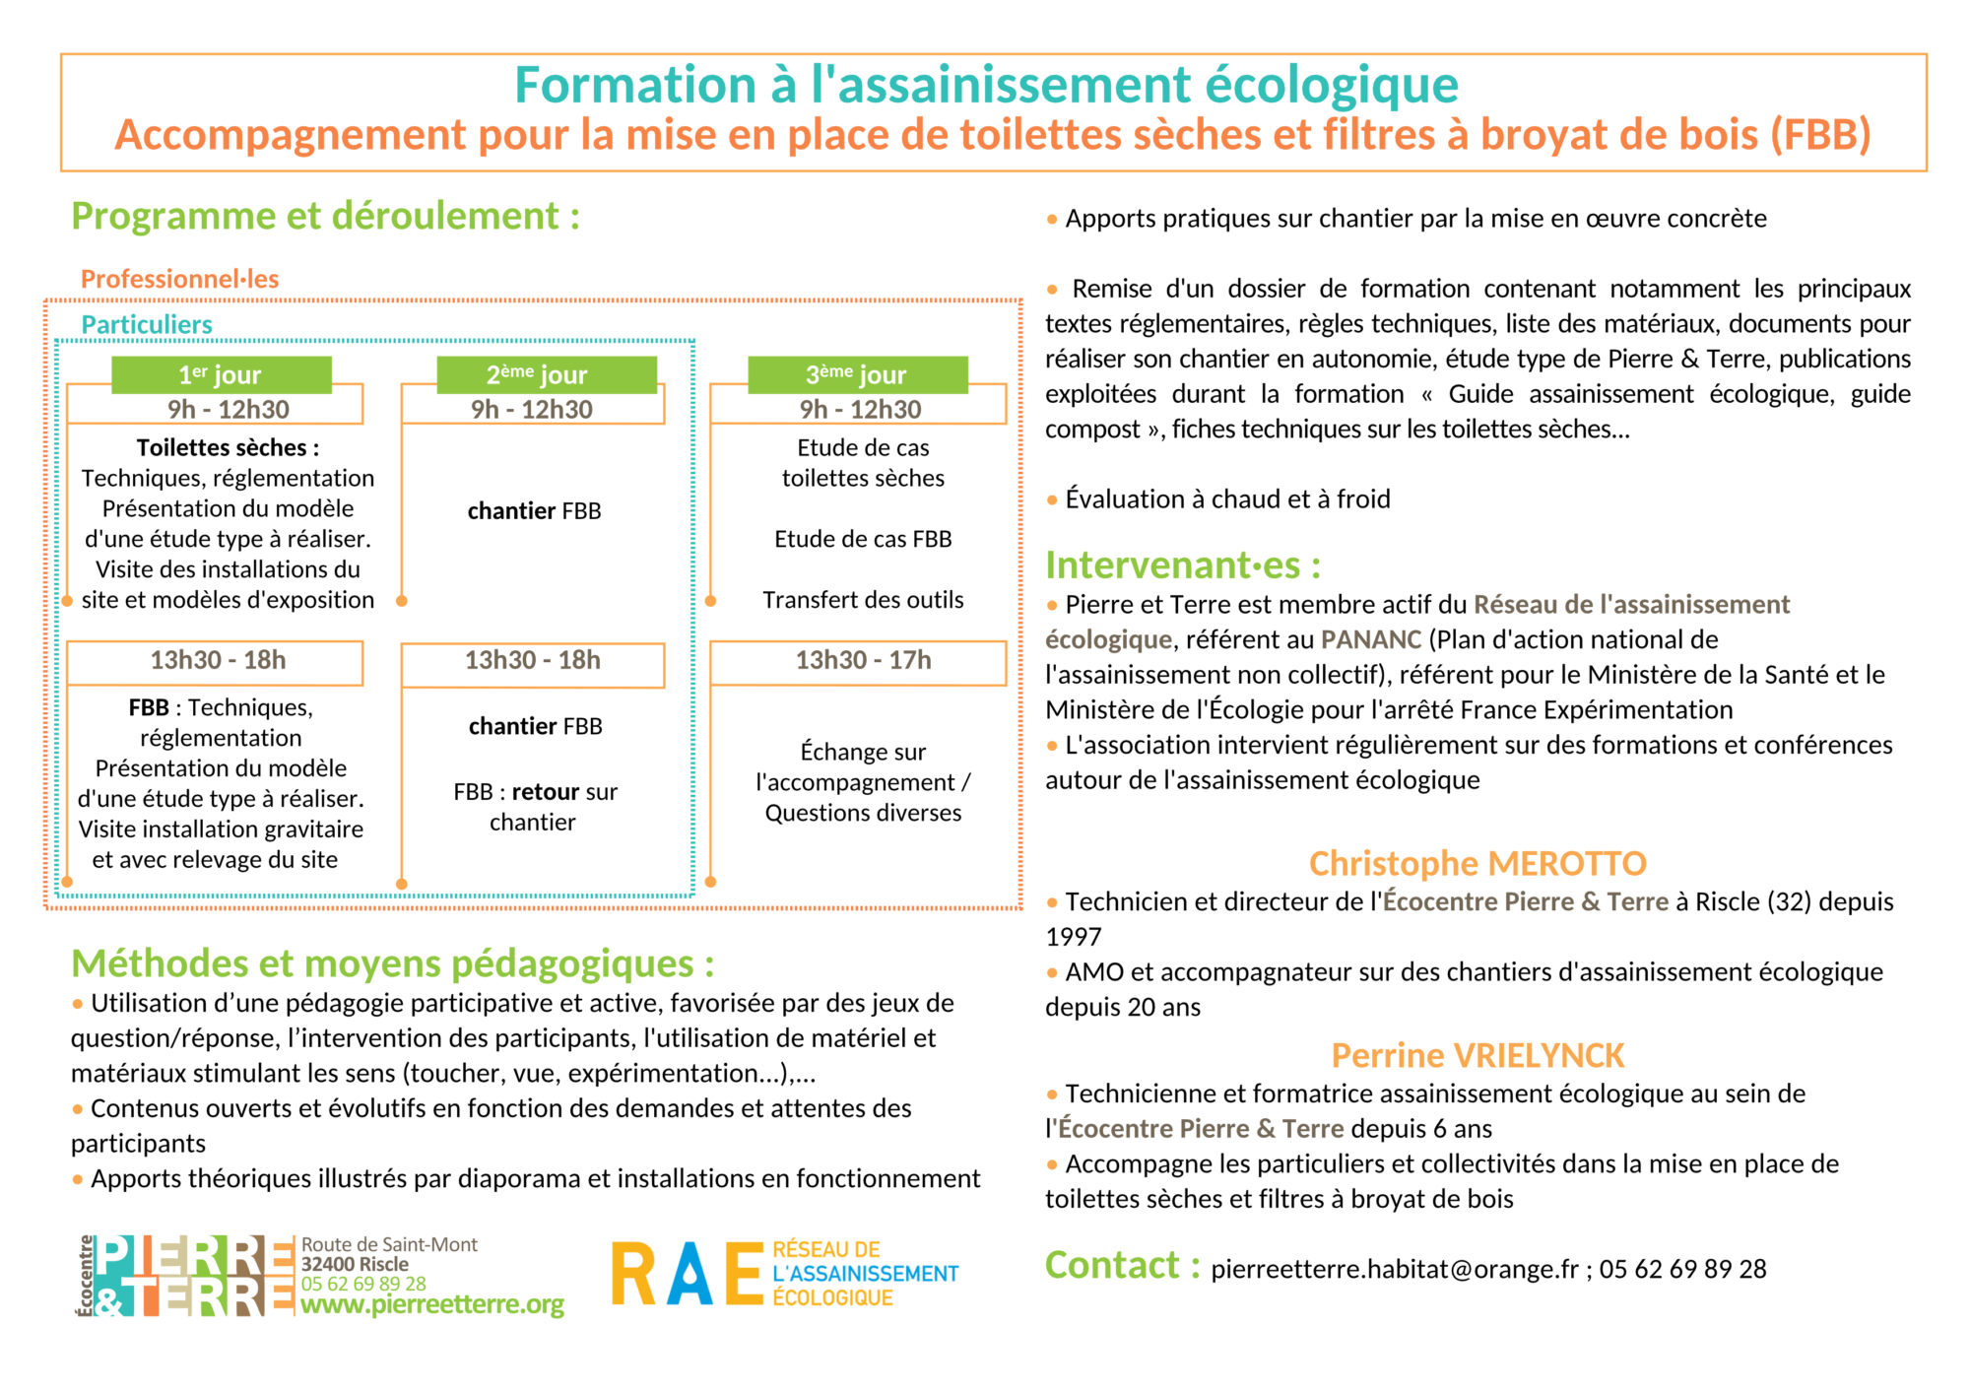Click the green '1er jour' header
click(x=221, y=374)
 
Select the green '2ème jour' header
click(x=537, y=374)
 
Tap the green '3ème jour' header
click(x=857, y=374)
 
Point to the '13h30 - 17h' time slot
click(x=863, y=660)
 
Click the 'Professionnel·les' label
click(x=179, y=279)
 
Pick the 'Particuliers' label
click(x=147, y=324)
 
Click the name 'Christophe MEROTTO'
click(x=1477, y=863)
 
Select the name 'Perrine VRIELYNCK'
click(x=1477, y=1055)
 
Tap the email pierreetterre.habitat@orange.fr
click(x=1394, y=1269)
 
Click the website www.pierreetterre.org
click(x=432, y=1304)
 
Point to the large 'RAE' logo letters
click(x=687, y=1274)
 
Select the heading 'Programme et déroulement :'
click(x=325, y=216)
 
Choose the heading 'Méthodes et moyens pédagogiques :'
click(x=392, y=963)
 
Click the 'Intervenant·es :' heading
click(x=1183, y=565)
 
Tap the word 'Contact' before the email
click(x=1112, y=1266)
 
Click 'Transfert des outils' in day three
click(x=863, y=600)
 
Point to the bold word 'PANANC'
click(x=1371, y=639)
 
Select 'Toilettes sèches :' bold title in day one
click(x=228, y=447)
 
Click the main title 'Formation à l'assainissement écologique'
click(x=986, y=85)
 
